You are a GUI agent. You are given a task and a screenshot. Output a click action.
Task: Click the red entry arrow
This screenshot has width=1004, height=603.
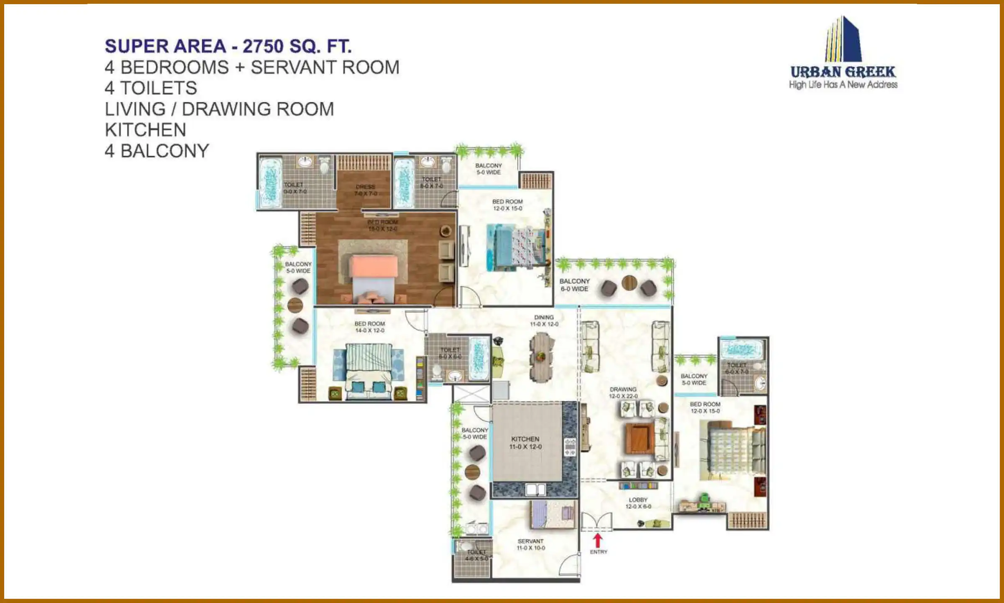pos(598,540)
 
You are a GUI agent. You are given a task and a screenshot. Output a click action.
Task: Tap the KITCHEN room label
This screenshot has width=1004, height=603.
pos(525,443)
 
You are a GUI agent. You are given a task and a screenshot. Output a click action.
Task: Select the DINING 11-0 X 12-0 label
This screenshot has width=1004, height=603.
pos(544,321)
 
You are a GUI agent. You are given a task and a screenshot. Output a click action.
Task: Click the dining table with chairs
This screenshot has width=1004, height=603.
pos(541,357)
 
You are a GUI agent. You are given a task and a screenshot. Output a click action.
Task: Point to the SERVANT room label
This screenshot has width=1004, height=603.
pos(530,544)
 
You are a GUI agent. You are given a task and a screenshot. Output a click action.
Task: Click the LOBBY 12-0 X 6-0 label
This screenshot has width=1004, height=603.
pos(638,503)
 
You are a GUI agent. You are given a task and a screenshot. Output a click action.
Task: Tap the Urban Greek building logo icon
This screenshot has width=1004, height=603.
pos(843,40)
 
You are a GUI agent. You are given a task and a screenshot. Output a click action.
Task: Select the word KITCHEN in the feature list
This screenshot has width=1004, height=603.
pos(145,130)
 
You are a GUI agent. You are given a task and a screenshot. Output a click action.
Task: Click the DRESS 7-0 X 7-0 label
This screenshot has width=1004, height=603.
pos(366,190)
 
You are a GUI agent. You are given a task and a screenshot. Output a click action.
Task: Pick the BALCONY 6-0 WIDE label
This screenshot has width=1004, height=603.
pos(574,285)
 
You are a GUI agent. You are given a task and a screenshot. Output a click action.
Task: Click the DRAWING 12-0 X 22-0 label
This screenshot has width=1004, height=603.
pos(623,392)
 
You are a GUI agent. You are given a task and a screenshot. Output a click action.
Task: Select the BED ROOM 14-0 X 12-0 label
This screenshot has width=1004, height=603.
pos(370,327)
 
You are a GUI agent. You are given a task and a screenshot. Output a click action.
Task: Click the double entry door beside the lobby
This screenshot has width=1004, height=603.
pos(596,522)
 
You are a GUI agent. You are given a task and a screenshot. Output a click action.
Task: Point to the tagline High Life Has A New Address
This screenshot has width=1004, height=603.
pos(843,85)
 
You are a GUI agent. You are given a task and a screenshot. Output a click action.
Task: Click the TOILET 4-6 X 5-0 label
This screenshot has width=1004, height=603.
pos(476,555)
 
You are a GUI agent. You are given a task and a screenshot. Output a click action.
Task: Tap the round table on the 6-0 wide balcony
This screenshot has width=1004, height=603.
pos(629,283)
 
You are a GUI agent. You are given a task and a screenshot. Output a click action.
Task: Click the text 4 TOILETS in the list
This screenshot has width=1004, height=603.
pos(151,88)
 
